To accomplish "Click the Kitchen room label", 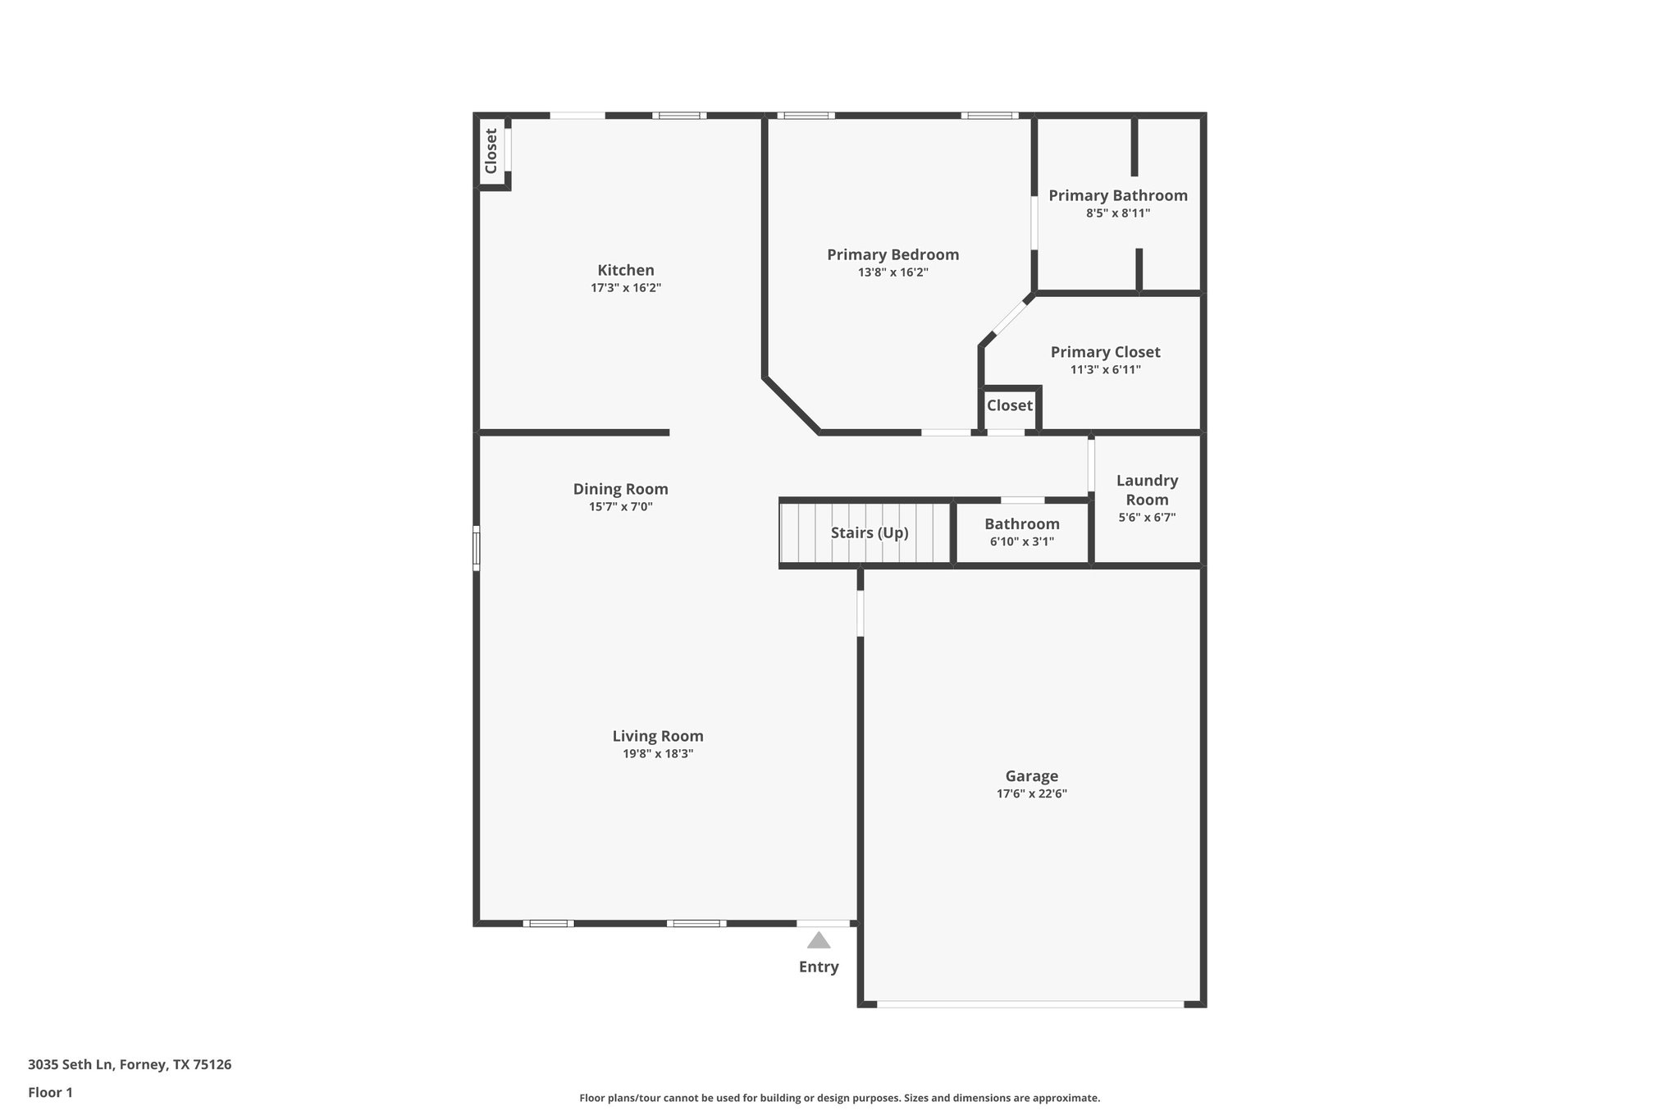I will pyautogui.click(x=625, y=270).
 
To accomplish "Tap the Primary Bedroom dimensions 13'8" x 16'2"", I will pyautogui.click(x=892, y=272).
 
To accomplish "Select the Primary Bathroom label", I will pyautogui.click(x=1117, y=195).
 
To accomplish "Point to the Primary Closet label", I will pyautogui.click(x=1105, y=352).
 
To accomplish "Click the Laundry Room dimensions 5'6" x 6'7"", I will pyautogui.click(x=1147, y=518).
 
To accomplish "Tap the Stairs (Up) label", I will pyautogui.click(x=869, y=533).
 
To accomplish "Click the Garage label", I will pyautogui.click(x=1031, y=775).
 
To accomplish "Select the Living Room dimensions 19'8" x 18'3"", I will pyautogui.click(x=658, y=754).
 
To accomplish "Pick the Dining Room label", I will pyautogui.click(x=620, y=489).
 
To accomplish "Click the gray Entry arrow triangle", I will pyautogui.click(x=818, y=940).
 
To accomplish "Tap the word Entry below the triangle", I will pyautogui.click(x=818, y=967).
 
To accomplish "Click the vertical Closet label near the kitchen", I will pyautogui.click(x=491, y=151).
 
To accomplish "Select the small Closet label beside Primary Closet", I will pyautogui.click(x=1009, y=405).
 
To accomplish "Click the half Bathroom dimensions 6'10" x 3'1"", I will pyautogui.click(x=1021, y=542).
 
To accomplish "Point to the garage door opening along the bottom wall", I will pyautogui.click(x=1029, y=1003).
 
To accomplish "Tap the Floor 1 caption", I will pyautogui.click(x=50, y=1092).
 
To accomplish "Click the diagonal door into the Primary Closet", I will pyautogui.click(x=1010, y=318).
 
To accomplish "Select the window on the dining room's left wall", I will pyautogui.click(x=476, y=548).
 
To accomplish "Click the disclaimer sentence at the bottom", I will pyautogui.click(x=839, y=1098).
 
